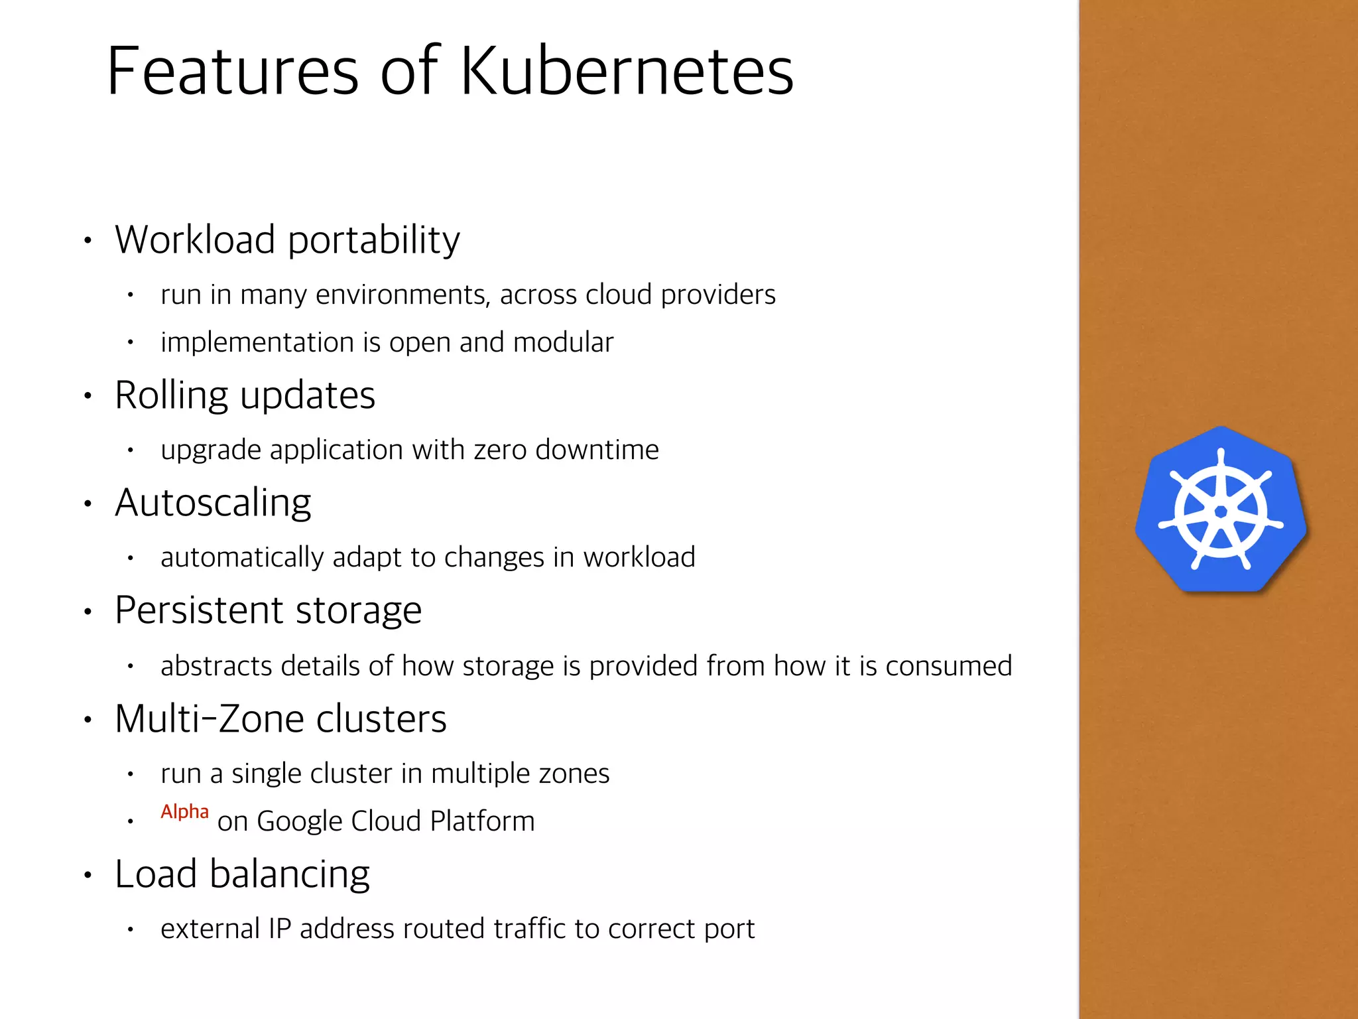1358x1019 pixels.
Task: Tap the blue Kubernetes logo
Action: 1221,509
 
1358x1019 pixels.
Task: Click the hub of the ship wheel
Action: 1221,511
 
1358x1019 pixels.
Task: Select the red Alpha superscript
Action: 184,811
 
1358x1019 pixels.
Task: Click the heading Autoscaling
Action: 213,502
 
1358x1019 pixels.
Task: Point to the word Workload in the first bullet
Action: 195,239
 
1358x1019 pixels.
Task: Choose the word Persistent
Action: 200,610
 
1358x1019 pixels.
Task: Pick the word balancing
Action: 289,874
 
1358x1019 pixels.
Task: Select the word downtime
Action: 597,450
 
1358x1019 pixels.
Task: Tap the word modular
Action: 563,342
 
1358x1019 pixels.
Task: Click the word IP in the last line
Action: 280,929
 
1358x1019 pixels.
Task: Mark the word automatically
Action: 242,557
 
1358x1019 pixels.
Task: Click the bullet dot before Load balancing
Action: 88,875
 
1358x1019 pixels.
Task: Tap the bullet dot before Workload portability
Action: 88,241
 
